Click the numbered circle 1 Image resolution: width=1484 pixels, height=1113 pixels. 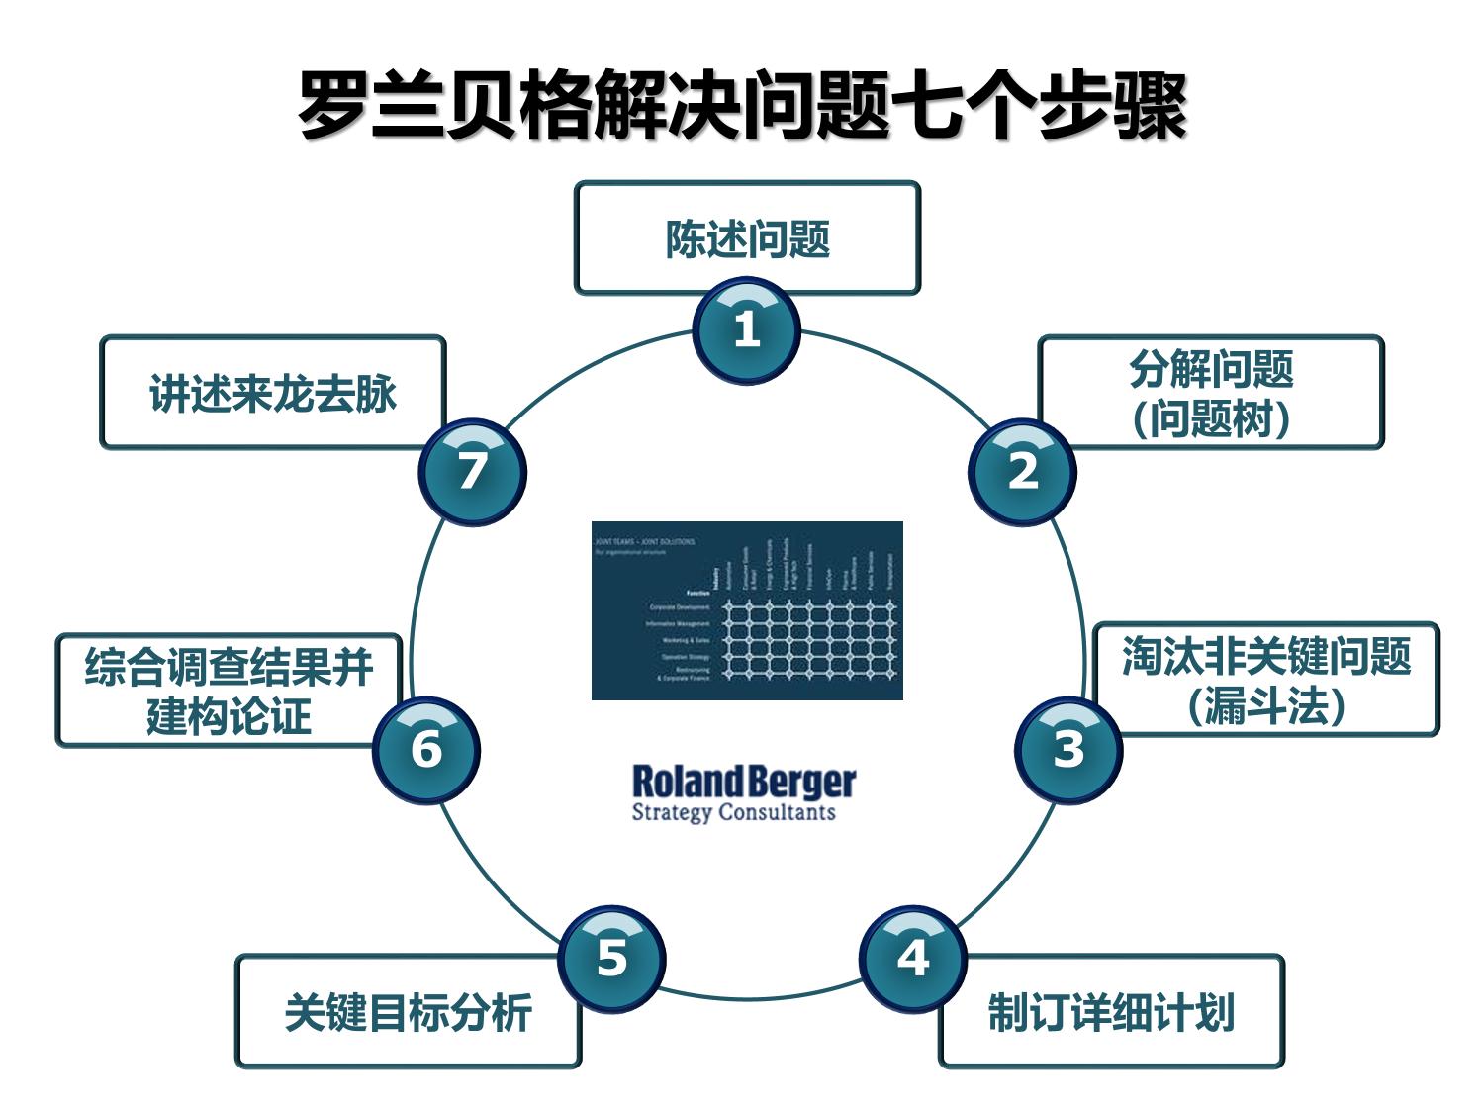tap(746, 330)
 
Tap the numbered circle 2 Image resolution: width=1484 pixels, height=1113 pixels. tap(1022, 472)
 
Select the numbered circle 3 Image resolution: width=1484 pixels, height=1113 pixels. tap(1067, 750)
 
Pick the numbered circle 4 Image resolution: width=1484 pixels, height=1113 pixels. tap(912, 959)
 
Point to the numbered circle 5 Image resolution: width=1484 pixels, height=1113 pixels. tap(611, 959)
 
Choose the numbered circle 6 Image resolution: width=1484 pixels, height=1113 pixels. tap(426, 750)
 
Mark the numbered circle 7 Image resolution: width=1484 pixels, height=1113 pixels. tap(472, 472)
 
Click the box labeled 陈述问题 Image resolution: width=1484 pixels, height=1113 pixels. tap(747, 238)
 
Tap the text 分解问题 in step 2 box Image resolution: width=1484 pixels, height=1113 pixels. tap(1211, 369)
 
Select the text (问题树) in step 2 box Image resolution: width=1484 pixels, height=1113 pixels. tap(1211, 418)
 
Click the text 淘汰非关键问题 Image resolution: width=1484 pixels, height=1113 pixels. tap(1265, 656)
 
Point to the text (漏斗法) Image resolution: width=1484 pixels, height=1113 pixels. tap(1265, 706)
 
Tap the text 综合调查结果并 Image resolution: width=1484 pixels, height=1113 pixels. tap(229, 667)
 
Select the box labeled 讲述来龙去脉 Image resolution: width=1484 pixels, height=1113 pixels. tap(272, 393)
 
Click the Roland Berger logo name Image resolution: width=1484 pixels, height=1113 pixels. tap(743, 782)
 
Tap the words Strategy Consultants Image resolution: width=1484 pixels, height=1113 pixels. tap(733, 813)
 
